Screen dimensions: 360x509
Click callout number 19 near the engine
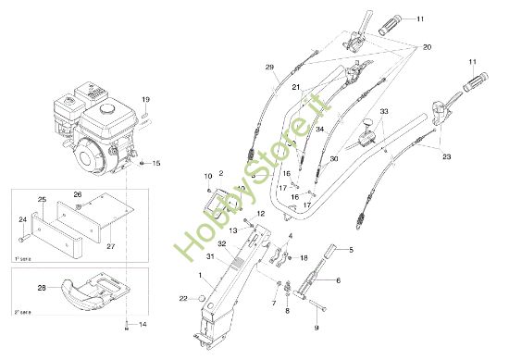pyautogui.click(x=144, y=99)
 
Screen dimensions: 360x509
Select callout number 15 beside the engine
pyautogui.click(x=156, y=163)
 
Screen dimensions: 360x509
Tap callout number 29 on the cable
pyautogui.click(x=269, y=68)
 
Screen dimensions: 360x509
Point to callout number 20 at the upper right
pyautogui.click(x=428, y=47)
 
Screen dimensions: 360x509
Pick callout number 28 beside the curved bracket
pyautogui.click(x=41, y=289)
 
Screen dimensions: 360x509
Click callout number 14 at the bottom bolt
pyautogui.click(x=142, y=325)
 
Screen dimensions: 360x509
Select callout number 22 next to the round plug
pyautogui.click(x=183, y=298)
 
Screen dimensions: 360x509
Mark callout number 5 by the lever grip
pyautogui.click(x=350, y=250)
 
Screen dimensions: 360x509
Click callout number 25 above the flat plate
pyautogui.click(x=42, y=200)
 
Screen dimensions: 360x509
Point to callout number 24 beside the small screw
pyautogui.click(x=23, y=219)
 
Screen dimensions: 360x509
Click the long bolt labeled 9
pyautogui.click(x=316, y=305)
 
